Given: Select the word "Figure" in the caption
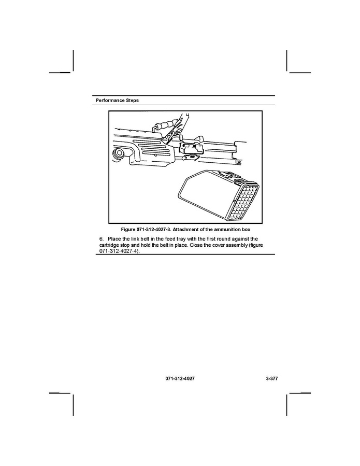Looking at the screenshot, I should coord(128,229).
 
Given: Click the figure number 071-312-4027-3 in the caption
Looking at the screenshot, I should coord(158,229).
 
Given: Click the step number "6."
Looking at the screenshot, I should coord(101,238).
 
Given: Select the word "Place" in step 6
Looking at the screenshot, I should coord(114,238).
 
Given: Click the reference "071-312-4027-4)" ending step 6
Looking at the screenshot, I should coord(120,251).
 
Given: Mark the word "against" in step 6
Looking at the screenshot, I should coord(239,238).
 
